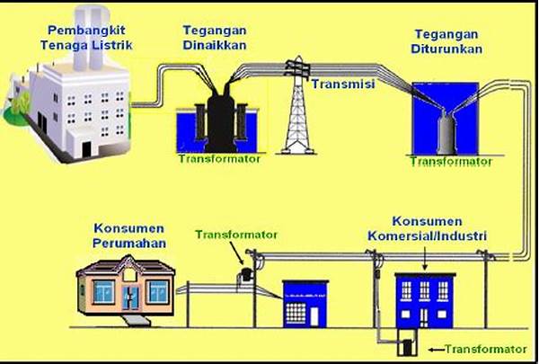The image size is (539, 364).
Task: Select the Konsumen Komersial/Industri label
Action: coord(427,228)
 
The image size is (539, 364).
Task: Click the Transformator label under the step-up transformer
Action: coord(218,158)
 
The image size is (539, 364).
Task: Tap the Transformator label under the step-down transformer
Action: coord(450,162)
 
